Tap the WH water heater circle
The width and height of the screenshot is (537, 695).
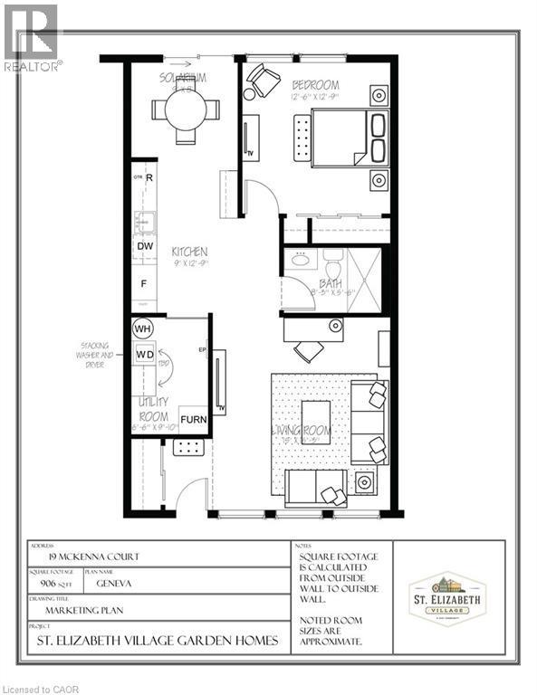(143, 328)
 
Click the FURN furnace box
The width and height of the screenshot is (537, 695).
(193, 420)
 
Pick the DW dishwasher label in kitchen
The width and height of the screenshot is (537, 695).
(143, 246)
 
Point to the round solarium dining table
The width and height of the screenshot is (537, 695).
(186, 111)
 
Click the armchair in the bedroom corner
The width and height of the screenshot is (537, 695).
(264, 81)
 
